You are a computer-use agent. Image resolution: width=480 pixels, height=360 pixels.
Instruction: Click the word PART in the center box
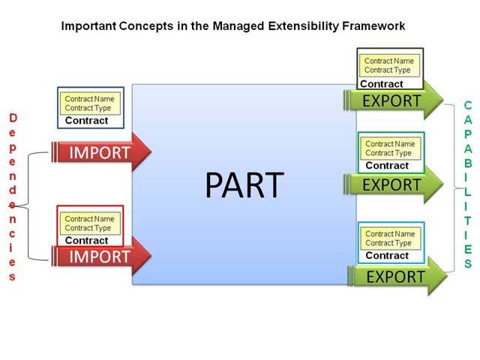click(x=244, y=184)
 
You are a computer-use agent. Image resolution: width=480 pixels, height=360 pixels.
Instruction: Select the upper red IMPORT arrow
click(x=100, y=153)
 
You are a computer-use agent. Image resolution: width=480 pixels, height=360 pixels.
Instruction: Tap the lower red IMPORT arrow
click(x=100, y=256)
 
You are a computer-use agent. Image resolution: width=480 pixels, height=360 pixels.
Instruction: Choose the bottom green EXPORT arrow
click(x=396, y=277)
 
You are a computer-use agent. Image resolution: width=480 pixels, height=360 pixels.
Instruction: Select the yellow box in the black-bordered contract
click(x=388, y=66)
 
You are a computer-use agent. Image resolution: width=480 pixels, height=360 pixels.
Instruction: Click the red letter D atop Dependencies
click(x=13, y=118)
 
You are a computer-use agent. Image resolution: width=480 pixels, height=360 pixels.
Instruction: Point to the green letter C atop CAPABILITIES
click(x=467, y=106)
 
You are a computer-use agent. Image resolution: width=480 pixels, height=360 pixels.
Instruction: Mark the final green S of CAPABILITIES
click(x=467, y=264)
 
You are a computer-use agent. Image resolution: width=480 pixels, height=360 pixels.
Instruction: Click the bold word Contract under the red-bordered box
click(x=86, y=241)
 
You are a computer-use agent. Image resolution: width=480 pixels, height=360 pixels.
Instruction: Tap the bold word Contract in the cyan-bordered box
click(x=387, y=256)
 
